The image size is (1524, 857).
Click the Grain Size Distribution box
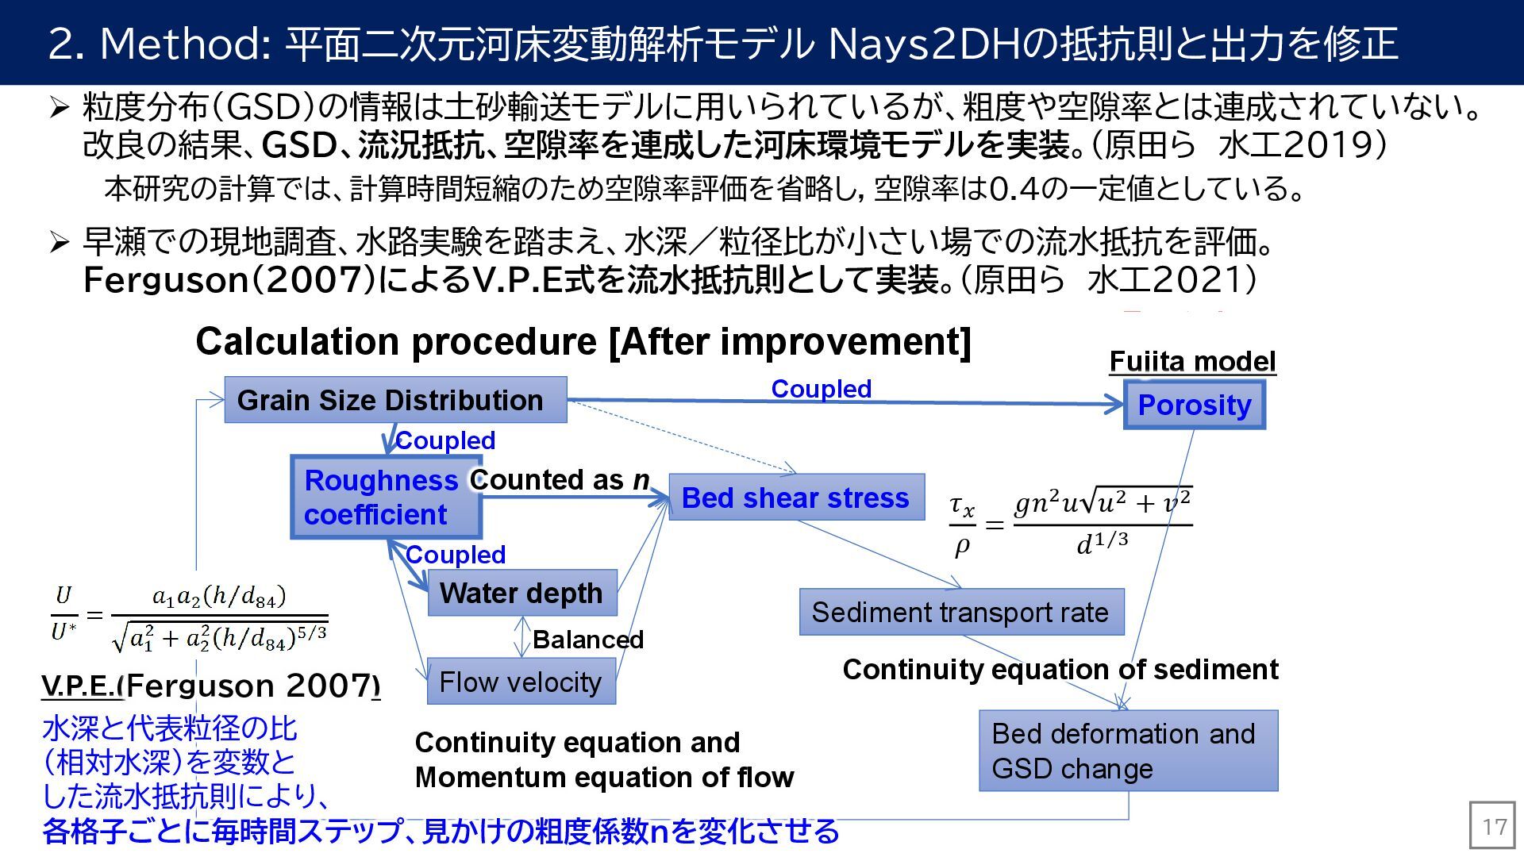click(395, 400)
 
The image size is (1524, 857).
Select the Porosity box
click(1194, 405)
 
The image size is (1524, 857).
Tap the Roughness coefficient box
click(386, 498)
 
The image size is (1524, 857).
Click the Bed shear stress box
click(796, 498)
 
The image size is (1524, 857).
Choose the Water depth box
click(521, 593)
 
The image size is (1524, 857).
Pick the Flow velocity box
click(521, 682)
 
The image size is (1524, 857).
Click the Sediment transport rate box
click(961, 612)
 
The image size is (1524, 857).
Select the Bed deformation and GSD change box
click(1128, 751)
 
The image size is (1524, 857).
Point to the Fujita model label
click(1192, 361)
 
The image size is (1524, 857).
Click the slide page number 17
click(1494, 827)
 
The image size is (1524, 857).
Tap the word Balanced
click(587, 640)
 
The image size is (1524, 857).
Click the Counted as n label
click(560, 480)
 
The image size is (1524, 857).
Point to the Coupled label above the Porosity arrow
click(822, 389)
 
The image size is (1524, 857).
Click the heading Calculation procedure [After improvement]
click(583, 342)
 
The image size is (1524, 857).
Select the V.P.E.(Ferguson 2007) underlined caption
click(210, 686)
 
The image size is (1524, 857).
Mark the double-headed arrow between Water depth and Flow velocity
click(521, 636)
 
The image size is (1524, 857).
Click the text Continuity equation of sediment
click(1060, 670)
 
